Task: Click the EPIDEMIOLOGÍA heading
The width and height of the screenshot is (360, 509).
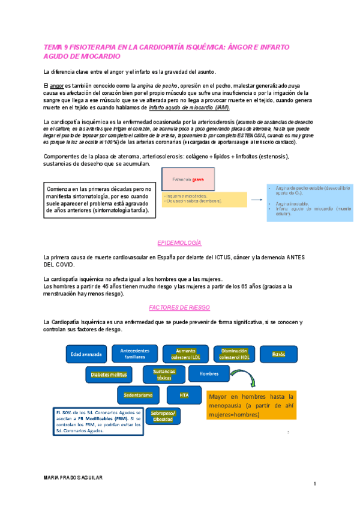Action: click(179, 243)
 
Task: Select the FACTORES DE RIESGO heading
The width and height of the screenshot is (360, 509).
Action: click(179, 307)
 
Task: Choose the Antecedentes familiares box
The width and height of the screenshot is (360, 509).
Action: click(136, 354)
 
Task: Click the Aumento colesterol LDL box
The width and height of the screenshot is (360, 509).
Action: click(187, 354)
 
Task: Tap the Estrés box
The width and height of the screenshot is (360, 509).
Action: click(279, 355)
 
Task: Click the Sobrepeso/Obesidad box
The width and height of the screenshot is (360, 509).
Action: click(163, 416)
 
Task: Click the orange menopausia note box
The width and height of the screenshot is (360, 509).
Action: click(250, 406)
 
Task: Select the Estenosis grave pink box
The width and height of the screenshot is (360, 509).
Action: click(191, 179)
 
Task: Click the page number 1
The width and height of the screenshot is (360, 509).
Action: click(314, 484)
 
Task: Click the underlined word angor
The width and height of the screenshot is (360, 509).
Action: click(57, 86)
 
